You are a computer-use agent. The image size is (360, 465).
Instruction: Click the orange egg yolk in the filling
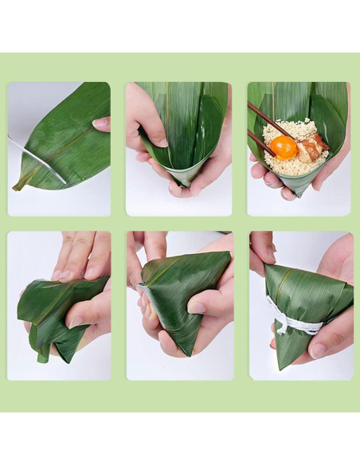284,147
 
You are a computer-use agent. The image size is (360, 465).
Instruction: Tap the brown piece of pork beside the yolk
311,146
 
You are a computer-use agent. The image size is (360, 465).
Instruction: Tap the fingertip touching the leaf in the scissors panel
101,123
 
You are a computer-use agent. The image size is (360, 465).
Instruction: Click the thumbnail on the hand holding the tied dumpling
318,350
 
